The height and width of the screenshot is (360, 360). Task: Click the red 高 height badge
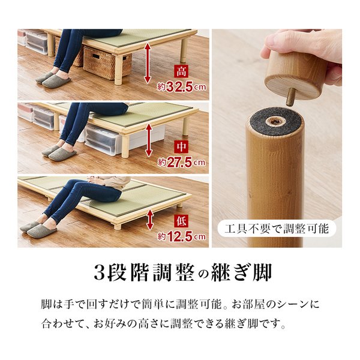[x=181, y=71]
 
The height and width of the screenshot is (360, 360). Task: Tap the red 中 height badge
[x=181, y=146]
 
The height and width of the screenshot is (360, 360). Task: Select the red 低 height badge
[x=181, y=221]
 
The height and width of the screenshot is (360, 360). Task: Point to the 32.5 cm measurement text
[x=181, y=87]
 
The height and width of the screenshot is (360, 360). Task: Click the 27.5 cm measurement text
[x=181, y=163]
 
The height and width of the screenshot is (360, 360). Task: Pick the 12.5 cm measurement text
[x=181, y=237]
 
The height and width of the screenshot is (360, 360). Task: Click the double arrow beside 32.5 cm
[x=148, y=63]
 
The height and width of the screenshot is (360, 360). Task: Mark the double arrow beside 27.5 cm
[x=149, y=140]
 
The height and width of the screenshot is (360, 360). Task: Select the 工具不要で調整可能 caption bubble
[x=277, y=229]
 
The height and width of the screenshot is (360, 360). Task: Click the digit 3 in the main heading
[x=100, y=273]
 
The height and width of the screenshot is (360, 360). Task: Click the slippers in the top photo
[x=53, y=80]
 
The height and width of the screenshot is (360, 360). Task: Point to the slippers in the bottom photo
[x=38, y=229]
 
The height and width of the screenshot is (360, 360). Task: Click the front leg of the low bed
[x=118, y=227]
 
